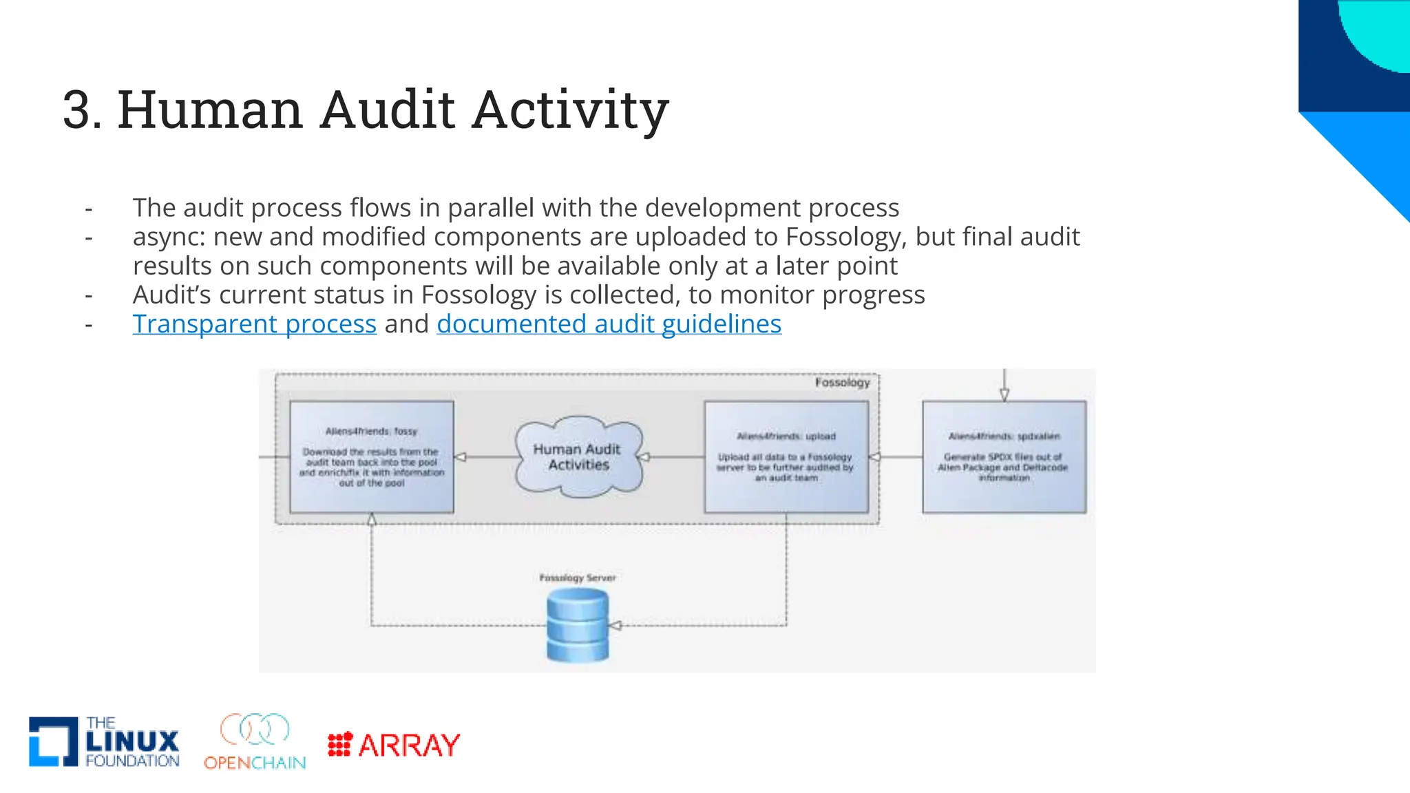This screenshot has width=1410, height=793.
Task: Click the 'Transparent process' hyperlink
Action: [x=254, y=324]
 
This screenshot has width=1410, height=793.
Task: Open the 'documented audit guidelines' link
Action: [x=609, y=324]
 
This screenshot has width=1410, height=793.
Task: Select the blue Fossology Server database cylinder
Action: [x=578, y=626]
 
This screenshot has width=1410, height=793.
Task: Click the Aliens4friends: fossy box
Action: [x=372, y=457]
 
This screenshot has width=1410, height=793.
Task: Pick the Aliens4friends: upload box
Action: [x=786, y=457]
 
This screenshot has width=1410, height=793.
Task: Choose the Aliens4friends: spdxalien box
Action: [x=1004, y=457]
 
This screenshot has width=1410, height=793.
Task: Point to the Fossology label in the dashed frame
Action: [x=842, y=382]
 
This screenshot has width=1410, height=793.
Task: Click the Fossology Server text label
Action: [x=577, y=578]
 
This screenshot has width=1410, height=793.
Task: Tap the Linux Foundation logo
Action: [x=104, y=741]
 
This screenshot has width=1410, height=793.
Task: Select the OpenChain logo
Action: [x=255, y=741]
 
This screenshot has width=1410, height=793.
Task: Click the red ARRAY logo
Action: [x=394, y=745]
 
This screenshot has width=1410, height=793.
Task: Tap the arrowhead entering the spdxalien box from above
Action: [x=1004, y=394]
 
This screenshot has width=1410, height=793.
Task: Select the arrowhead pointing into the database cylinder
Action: [x=615, y=625]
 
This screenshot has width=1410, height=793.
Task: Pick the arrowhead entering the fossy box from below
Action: [x=372, y=520]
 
